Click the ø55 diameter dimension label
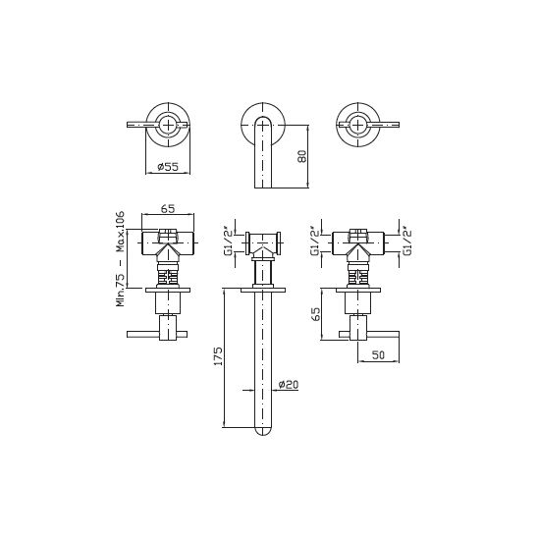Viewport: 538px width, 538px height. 168,167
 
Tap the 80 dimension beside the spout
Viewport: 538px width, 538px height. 302,156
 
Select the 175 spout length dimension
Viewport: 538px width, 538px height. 218,356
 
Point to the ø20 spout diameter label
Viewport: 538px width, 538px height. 289,385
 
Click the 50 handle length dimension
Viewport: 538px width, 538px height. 378,355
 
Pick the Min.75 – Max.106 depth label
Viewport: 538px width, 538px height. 120,259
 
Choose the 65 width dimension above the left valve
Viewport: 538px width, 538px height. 168,208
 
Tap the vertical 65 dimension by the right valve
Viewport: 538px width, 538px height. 315,313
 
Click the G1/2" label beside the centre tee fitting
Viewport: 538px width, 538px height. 228,242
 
